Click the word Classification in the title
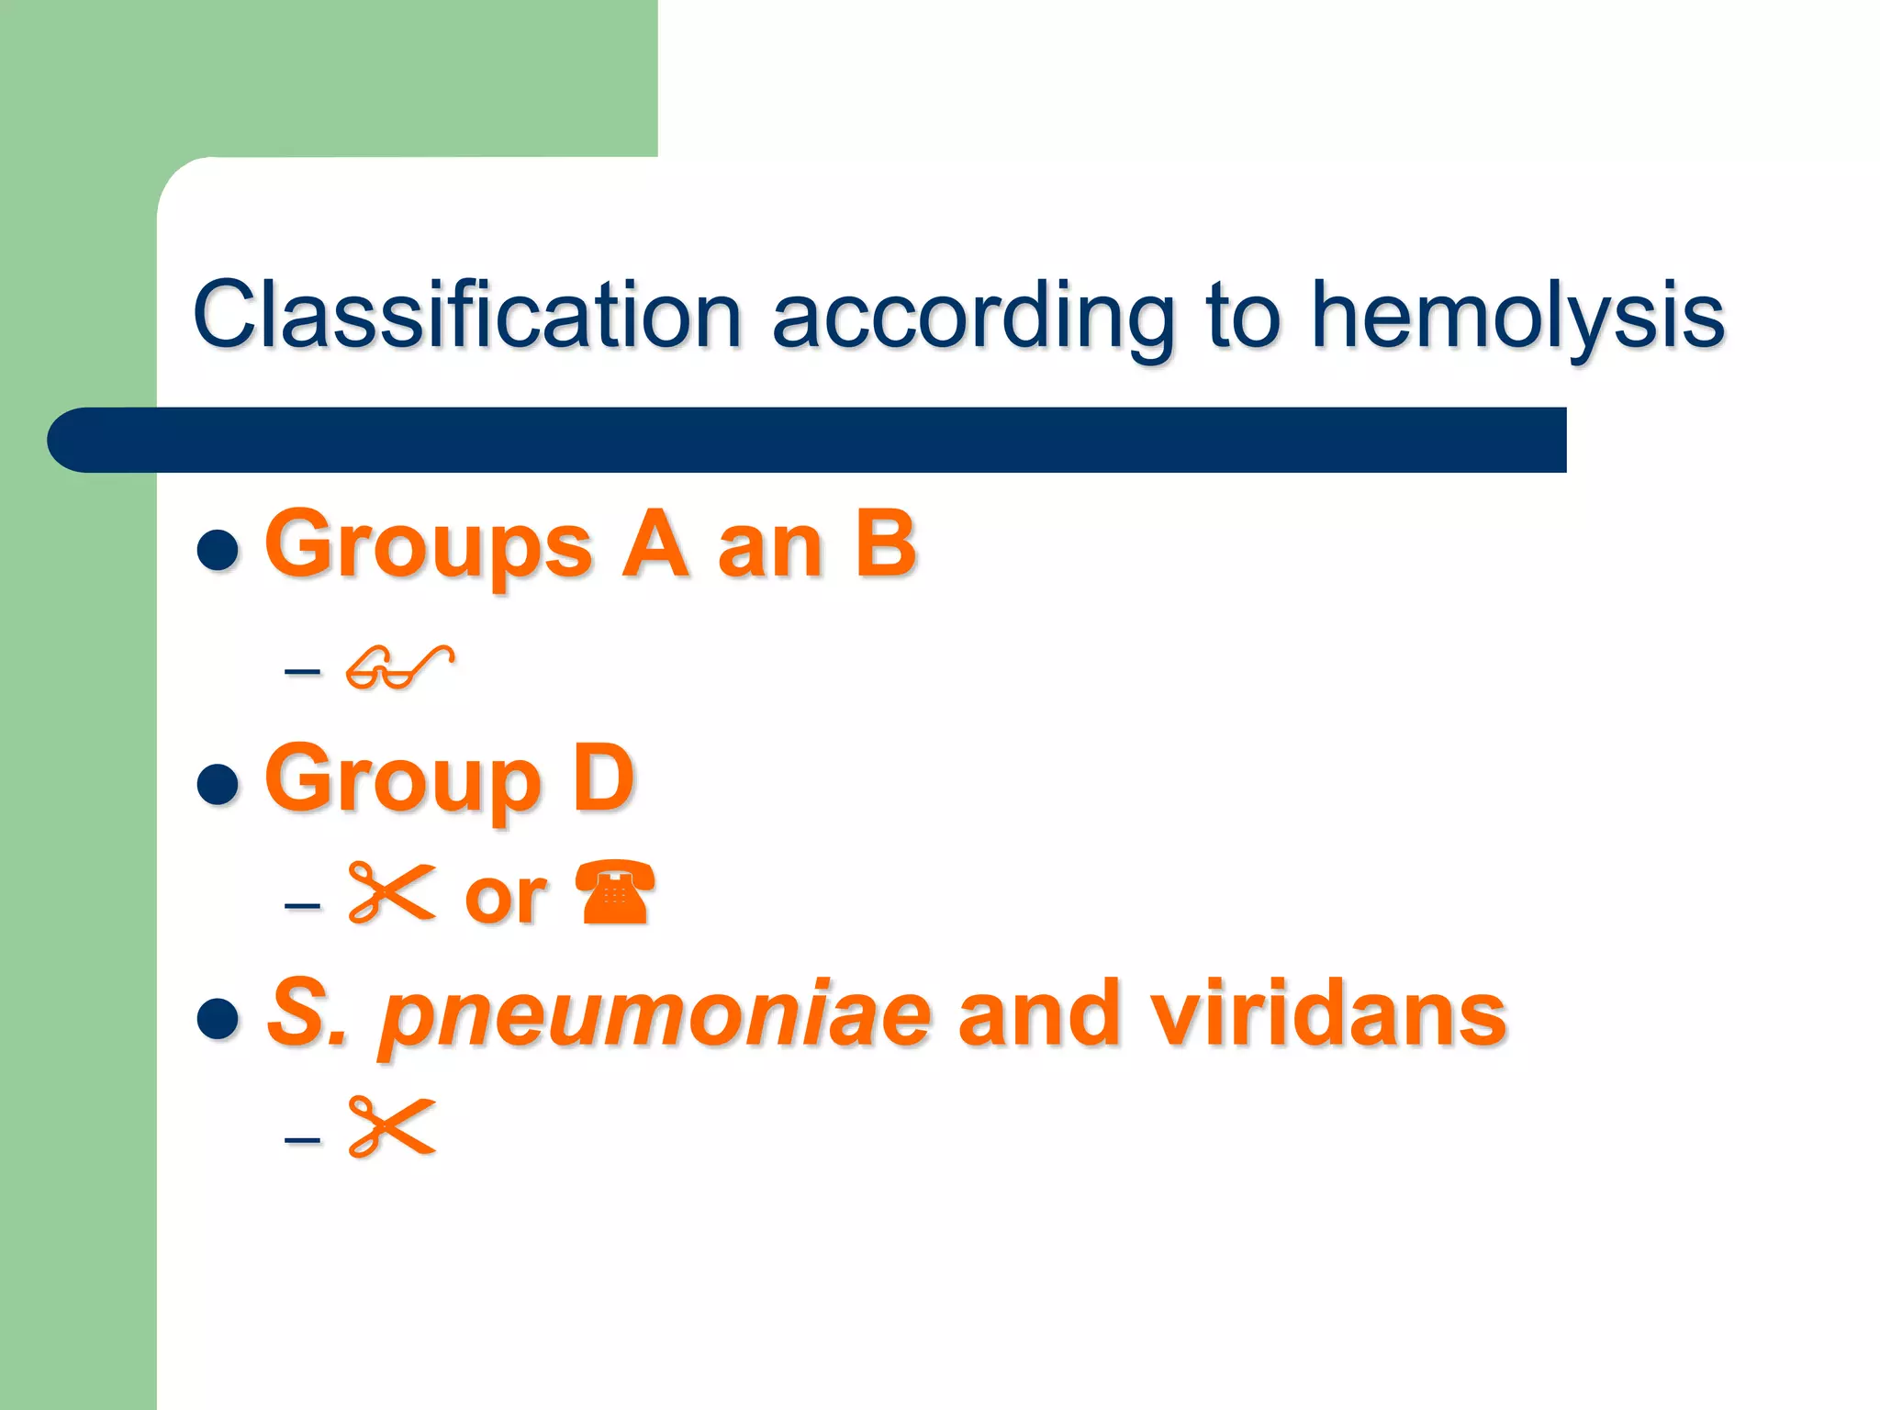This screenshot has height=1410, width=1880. tap(465, 315)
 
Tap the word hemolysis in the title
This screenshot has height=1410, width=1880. tap(1517, 315)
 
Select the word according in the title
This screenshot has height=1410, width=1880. tap(973, 315)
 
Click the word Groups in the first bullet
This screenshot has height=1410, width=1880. tap(429, 546)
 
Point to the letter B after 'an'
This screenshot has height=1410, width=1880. tap(886, 544)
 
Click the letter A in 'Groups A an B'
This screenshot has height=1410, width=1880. tap(655, 544)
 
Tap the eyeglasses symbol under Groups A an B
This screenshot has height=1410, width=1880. tap(399, 667)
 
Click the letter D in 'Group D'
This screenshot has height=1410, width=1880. tap(603, 778)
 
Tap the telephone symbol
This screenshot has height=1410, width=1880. tap(615, 892)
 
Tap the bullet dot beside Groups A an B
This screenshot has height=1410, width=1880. tap(218, 551)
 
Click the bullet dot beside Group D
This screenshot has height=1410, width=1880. tap(218, 784)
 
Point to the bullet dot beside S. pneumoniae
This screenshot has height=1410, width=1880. tap(218, 1018)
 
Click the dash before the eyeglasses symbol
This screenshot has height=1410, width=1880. tap(302, 671)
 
